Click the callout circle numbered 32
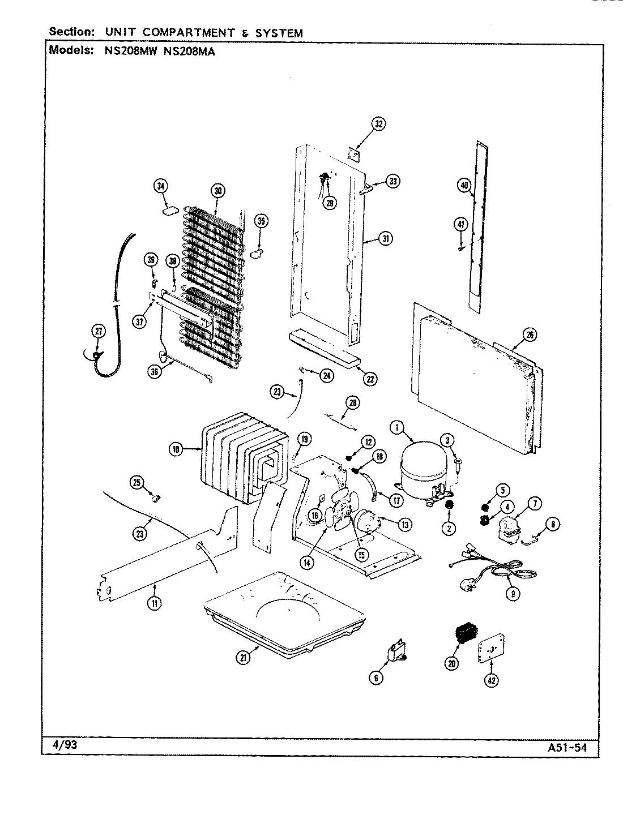pyautogui.click(x=378, y=124)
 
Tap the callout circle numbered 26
pyautogui.click(x=530, y=335)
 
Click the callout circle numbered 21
pyautogui.click(x=244, y=657)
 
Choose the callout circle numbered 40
pyautogui.click(x=464, y=184)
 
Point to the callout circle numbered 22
pyautogui.click(x=370, y=379)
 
